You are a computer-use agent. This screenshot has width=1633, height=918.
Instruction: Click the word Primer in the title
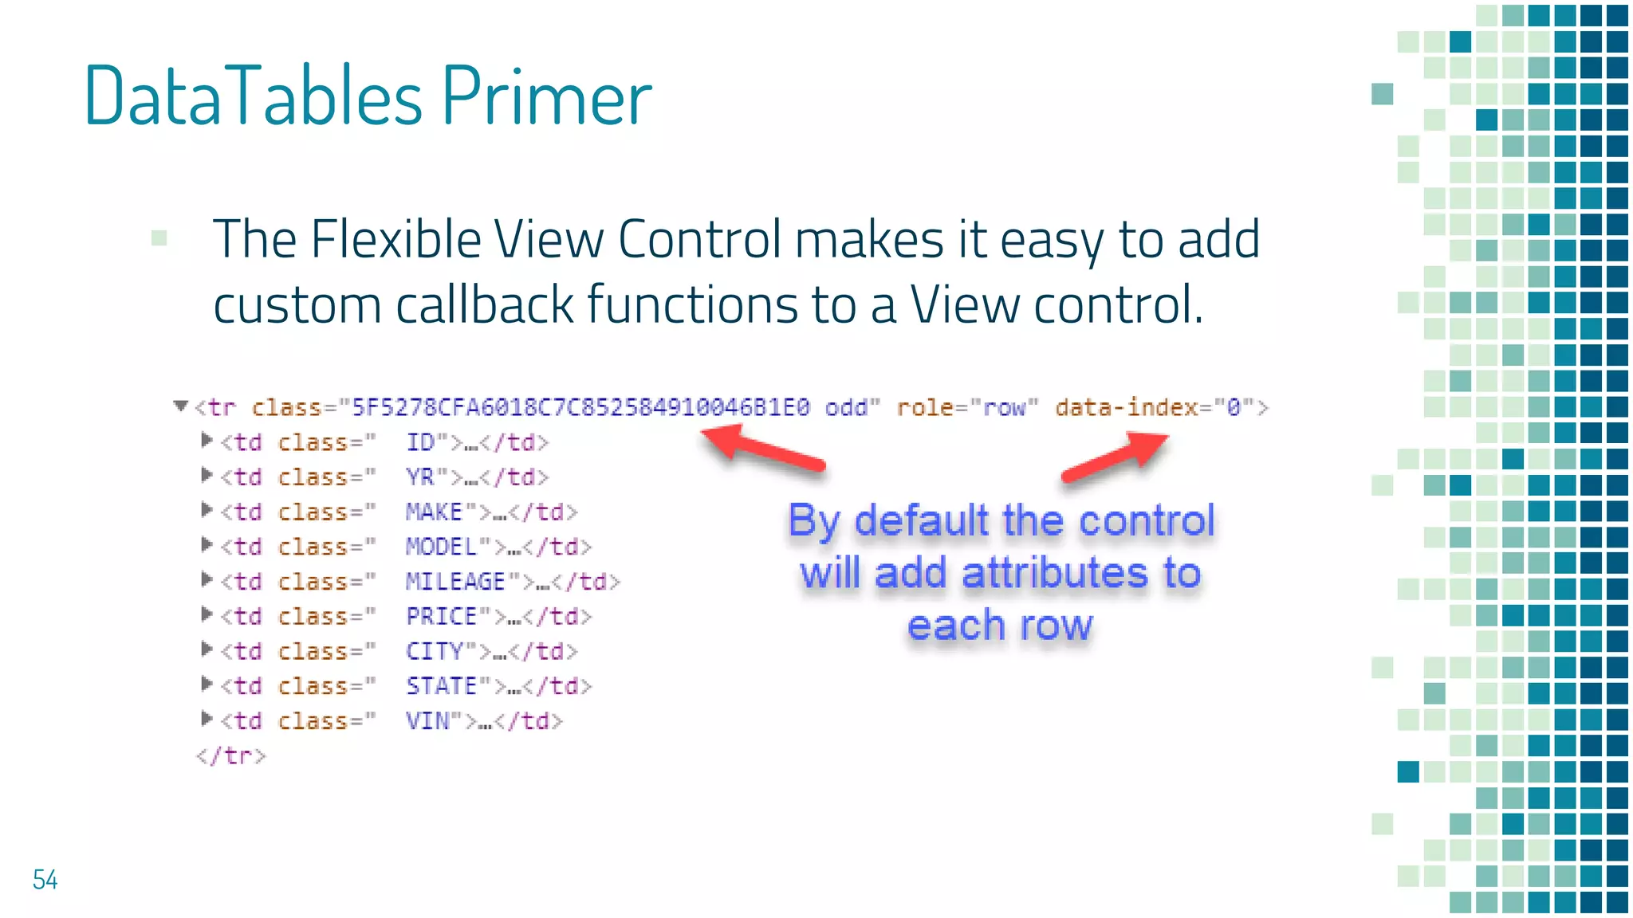click(x=546, y=97)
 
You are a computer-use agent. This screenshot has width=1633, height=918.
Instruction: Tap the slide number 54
click(x=45, y=880)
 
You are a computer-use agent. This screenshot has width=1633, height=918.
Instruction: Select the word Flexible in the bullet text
click(x=395, y=239)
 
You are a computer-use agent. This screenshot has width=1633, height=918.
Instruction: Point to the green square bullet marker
click(x=159, y=237)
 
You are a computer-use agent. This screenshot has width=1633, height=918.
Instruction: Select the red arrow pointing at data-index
click(x=1116, y=457)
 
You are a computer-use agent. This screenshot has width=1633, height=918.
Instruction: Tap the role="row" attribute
click(x=967, y=408)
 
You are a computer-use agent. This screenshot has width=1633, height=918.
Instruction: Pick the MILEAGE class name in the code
click(x=455, y=582)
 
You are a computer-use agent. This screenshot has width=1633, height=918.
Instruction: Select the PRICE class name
click(x=442, y=617)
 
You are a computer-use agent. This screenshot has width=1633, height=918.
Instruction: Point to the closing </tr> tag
click(x=230, y=755)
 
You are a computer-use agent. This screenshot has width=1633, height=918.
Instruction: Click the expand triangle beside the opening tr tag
click(x=181, y=406)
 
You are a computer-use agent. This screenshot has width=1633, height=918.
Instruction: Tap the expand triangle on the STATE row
click(x=207, y=684)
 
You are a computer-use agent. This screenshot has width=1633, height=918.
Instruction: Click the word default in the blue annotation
click(x=922, y=521)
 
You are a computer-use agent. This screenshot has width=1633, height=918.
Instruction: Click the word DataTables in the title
click(x=254, y=97)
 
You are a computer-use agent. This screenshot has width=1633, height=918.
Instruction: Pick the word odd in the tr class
click(x=847, y=408)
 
